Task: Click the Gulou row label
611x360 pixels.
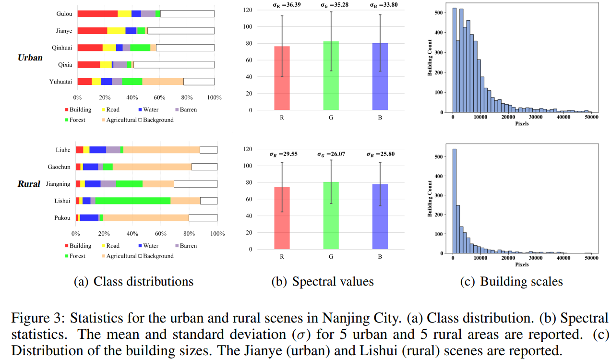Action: click(64, 14)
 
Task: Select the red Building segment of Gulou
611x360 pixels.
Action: click(97, 14)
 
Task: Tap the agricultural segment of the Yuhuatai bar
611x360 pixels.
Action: click(163, 82)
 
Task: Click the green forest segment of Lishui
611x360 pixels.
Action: click(133, 201)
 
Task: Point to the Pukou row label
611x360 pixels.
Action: click(63, 218)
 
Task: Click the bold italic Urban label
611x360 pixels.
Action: click(30, 58)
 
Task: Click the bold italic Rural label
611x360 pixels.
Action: click(29, 184)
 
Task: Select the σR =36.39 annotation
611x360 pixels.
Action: click(282, 5)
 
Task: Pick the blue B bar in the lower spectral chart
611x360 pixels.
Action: click(380, 216)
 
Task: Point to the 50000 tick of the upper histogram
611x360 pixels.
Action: click(591, 117)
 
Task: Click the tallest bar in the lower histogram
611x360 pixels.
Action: click(454, 201)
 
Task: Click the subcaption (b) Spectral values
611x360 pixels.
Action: click(323, 281)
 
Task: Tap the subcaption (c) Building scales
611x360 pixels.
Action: click(511, 281)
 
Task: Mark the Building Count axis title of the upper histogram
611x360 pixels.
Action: click(429, 60)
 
